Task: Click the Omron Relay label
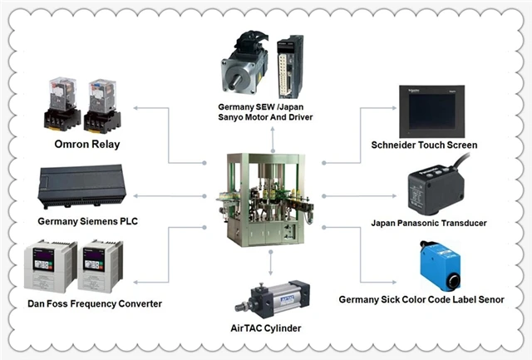click(x=87, y=145)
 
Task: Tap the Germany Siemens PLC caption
click(x=88, y=221)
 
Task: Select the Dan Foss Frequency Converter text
click(x=95, y=303)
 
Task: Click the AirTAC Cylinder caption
click(x=266, y=328)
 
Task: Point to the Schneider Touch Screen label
click(x=424, y=145)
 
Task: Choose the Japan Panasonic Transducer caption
click(x=429, y=224)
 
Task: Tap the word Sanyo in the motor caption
click(x=229, y=117)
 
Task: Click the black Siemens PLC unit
click(x=81, y=186)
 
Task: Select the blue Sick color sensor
click(x=440, y=265)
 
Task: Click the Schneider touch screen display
click(x=431, y=111)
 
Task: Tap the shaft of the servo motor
click(x=236, y=81)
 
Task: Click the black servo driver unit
click(x=290, y=67)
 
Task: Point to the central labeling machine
click(x=265, y=200)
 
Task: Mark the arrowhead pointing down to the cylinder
click(x=270, y=273)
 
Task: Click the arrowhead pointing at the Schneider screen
click(x=394, y=108)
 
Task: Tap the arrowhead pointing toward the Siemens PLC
click(x=135, y=195)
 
